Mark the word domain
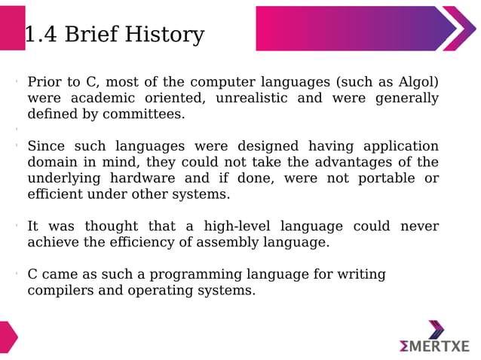pos(53,162)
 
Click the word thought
pos(111,226)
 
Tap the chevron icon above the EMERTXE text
pos(436,329)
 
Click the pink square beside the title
pos(12,28)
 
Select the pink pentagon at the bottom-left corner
pos(8,337)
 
